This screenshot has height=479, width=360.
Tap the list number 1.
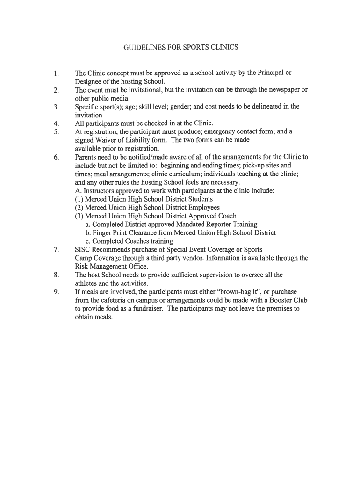56,73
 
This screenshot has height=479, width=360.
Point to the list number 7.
56,250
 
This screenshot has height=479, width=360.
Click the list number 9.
56,292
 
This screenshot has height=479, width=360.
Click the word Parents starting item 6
86,157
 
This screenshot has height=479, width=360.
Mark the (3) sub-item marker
79,216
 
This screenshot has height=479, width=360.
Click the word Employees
204,208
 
